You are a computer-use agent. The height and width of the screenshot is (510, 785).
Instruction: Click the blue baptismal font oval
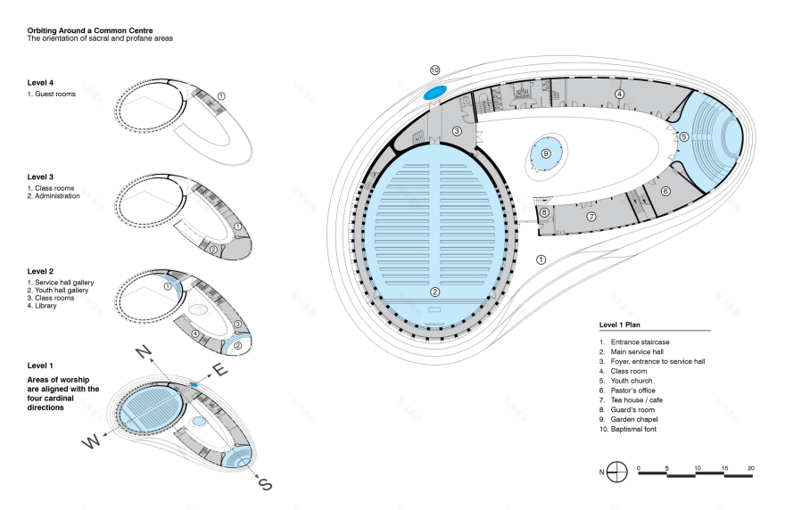click(434, 92)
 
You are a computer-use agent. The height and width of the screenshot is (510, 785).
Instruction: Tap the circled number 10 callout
click(434, 70)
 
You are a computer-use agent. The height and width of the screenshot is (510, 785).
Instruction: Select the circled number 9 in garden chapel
click(546, 153)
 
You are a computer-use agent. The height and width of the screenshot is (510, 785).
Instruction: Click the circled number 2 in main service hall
click(434, 292)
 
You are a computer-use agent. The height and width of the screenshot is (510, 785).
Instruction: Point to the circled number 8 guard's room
click(543, 212)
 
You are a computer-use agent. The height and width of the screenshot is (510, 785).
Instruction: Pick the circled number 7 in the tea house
click(591, 217)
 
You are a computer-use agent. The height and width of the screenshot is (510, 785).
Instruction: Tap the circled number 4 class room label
click(619, 94)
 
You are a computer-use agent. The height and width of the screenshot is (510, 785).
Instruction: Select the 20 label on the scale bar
click(752, 468)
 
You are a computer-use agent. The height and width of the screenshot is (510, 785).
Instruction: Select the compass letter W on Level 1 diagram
click(90, 440)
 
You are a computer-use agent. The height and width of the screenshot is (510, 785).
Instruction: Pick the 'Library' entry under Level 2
click(45, 306)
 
